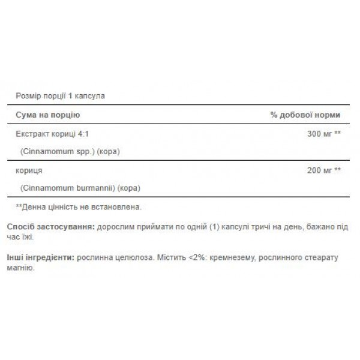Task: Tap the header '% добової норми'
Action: pyautogui.click(x=305, y=114)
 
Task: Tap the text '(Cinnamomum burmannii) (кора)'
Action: pyautogui.click(x=80, y=188)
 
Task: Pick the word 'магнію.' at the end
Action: pyautogui.click(x=22, y=268)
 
